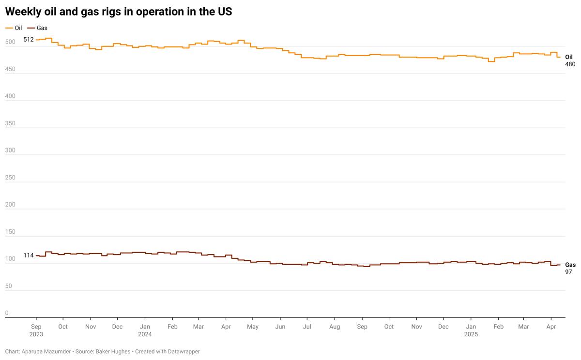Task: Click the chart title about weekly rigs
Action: pos(118,12)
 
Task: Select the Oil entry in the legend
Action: pos(18,28)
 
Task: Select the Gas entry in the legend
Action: pos(42,28)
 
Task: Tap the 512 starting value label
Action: pos(29,40)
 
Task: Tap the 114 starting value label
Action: pos(29,255)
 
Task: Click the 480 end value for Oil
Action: pos(570,64)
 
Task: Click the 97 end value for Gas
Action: pos(568,272)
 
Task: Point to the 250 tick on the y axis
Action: pos(10,123)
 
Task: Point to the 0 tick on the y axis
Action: pos(7,313)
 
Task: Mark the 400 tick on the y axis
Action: pos(10,96)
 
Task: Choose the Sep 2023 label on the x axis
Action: pos(36,330)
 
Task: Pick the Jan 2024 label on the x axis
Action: pos(145,330)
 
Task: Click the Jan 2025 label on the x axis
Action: pos(471,330)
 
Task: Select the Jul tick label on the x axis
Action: pos(307,327)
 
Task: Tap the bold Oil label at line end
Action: pos(569,57)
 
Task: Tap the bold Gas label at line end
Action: pos(570,265)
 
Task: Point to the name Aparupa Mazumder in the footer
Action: pos(46,351)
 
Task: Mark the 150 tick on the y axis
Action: pos(10,232)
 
